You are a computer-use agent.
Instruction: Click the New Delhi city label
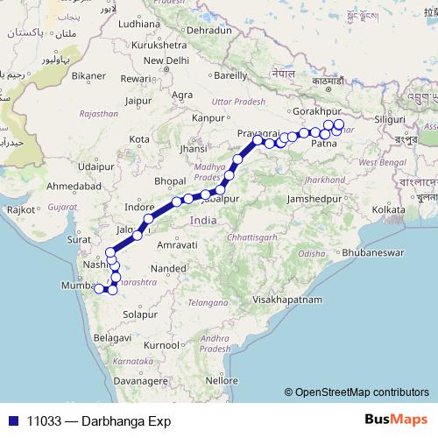pyautogui.click(x=165, y=60)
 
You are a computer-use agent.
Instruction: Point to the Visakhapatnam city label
pyautogui.click(x=287, y=300)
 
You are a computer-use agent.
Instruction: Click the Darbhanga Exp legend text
pyautogui.click(x=92, y=420)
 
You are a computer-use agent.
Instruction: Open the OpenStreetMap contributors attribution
pyautogui.click(x=359, y=392)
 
